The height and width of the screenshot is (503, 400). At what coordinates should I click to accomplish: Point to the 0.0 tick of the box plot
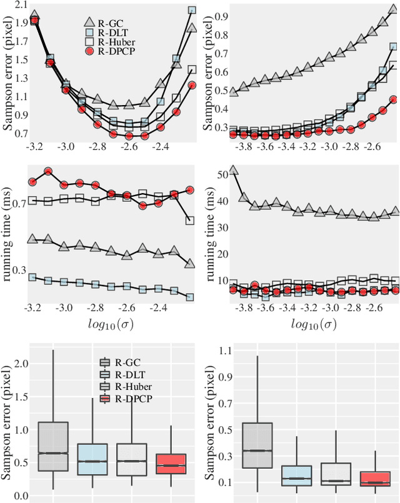point(21,496)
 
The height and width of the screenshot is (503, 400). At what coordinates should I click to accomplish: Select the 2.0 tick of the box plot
point(21,364)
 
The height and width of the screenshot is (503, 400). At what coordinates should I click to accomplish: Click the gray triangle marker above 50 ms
point(234,170)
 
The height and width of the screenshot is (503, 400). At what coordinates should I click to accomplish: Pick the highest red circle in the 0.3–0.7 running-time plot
point(48,171)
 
